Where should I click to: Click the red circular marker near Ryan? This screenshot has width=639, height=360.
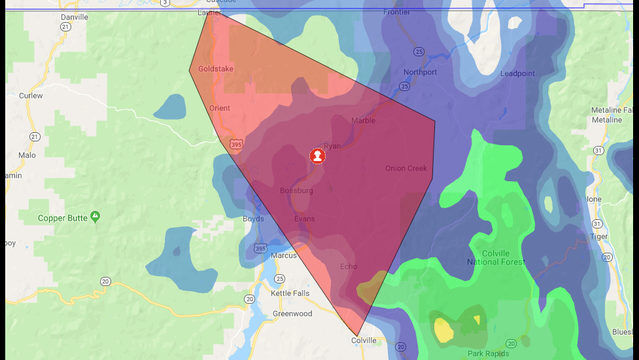pos(317,156)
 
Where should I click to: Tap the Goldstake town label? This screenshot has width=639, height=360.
pos(215,69)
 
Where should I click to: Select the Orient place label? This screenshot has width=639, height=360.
pos(221,107)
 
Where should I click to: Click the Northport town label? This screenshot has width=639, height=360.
pos(419,73)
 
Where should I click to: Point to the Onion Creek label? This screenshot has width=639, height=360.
pos(406,168)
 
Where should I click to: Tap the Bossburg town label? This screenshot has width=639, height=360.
pos(297,190)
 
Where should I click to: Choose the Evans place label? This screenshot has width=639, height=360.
pos(304,218)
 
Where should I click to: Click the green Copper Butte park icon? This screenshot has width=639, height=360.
pos(95,216)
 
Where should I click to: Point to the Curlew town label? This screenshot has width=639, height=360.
pos(31,96)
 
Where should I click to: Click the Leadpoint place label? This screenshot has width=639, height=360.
pos(519,73)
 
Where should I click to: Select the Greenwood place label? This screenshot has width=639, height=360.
pos(292,313)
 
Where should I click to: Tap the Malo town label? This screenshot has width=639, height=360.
pos(27,155)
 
